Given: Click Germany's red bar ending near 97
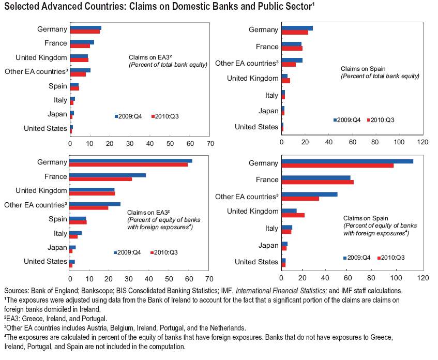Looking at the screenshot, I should pyautogui.click(x=337, y=166).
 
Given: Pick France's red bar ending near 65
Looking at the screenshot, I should pyautogui.click(x=317, y=182).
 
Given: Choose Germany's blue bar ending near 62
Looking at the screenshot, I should pyautogui.click(x=131, y=160).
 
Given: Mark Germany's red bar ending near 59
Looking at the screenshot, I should pyautogui.click(x=129, y=165).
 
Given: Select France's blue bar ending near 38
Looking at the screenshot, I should pyautogui.click(x=108, y=175).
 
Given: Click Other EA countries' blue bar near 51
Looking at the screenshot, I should pyautogui.click(x=309, y=194).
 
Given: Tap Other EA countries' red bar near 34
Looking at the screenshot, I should pyautogui.click(x=300, y=199).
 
